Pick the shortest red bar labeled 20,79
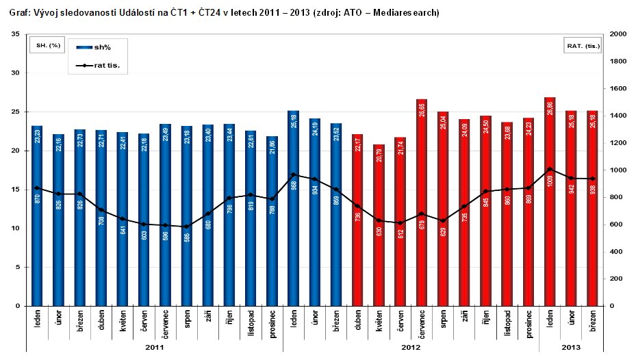point(379,226)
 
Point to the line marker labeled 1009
point(550,169)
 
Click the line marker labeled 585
point(186,227)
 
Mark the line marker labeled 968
point(293,175)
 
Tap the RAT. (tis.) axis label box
point(583,46)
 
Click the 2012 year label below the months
point(411,348)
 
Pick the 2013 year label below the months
point(571,348)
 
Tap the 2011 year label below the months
point(154,348)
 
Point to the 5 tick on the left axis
point(18,268)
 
